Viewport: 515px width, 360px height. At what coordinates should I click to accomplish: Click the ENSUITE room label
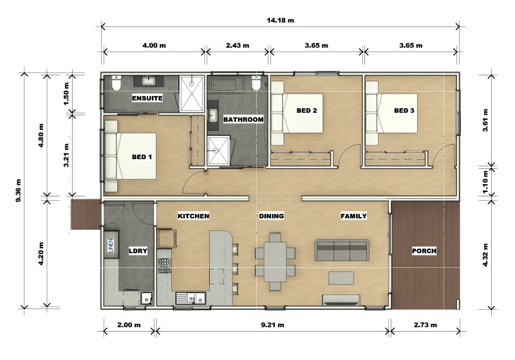pyautogui.click(x=147, y=98)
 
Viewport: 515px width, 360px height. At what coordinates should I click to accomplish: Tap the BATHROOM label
pyautogui.click(x=243, y=119)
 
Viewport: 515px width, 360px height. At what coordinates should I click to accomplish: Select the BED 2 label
pyautogui.click(x=307, y=110)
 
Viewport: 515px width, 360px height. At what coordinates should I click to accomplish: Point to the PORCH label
pyautogui.click(x=424, y=251)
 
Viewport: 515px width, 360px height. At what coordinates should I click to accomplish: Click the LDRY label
pyautogui.click(x=138, y=251)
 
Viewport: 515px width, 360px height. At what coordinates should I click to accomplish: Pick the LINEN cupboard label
pyautogui.click(x=111, y=246)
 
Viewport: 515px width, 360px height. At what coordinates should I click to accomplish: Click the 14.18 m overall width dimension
pyautogui.click(x=280, y=21)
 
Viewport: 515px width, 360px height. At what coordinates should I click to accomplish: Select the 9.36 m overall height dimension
pyautogui.click(x=19, y=191)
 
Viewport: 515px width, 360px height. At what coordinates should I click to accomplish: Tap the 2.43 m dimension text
pyautogui.click(x=238, y=45)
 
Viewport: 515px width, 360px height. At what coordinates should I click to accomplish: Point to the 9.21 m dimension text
pyautogui.click(x=272, y=325)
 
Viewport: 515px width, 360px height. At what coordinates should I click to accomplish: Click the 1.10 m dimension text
pyautogui.click(x=485, y=182)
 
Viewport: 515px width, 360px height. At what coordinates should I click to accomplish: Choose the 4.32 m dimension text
pyautogui.click(x=485, y=254)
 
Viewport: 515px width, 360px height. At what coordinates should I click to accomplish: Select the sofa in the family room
pyautogui.click(x=342, y=251)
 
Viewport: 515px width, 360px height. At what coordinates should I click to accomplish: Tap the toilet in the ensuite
pyautogui.click(x=116, y=83)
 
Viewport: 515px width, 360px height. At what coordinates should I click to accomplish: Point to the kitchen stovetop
pyautogui.click(x=165, y=266)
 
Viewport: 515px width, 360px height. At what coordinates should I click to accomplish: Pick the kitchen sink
pyautogui.click(x=191, y=298)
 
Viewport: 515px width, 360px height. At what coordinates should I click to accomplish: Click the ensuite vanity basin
pyautogui.click(x=149, y=81)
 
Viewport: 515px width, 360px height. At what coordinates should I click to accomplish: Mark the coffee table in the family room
pyautogui.click(x=341, y=278)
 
